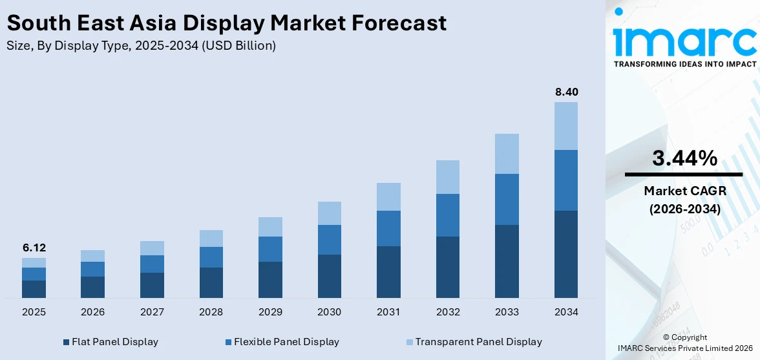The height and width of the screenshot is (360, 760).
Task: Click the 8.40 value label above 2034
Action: pyautogui.click(x=566, y=92)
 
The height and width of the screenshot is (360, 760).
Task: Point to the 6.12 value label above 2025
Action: pyautogui.click(x=34, y=248)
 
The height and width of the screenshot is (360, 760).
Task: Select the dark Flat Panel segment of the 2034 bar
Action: pyautogui.click(x=566, y=254)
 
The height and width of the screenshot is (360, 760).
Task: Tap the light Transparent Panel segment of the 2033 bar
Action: pyautogui.click(x=507, y=153)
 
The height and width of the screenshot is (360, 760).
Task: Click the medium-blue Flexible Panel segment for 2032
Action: pyautogui.click(x=448, y=215)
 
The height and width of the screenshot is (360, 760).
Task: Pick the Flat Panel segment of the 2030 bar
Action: pyautogui.click(x=329, y=276)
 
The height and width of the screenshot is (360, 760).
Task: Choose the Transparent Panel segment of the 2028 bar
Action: pyautogui.click(x=211, y=238)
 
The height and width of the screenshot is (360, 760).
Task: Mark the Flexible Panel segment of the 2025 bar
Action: pyautogui.click(x=34, y=273)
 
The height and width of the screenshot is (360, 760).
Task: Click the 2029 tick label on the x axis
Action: pyautogui.click(x=270, y=312)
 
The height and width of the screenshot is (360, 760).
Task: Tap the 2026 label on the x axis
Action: pyautogui.click(x=93, y=312)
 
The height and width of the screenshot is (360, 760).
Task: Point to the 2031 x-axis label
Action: pyautogui.click(x=388, y=312)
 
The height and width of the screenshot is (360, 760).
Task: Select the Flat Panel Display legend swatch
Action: pyautogui.click(x=67, y=342)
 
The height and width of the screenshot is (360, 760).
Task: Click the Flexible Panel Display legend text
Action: pyautogui.click(x=286, y=342)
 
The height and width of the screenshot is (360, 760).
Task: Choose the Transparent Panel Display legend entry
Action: pyautogui.click(x=478, y=342)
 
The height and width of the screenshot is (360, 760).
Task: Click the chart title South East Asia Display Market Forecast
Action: pyautogui.click(x=226, y=23)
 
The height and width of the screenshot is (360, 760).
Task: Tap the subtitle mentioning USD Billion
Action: pyautogui.click(x=141, y=46)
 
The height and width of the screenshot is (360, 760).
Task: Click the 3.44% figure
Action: pyautogui.click(x=684, y=158)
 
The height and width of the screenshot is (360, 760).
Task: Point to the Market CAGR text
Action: pyautogui.click(x=684, y=191)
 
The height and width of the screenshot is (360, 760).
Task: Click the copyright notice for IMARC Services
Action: pyautogui.click(x=684, y=343)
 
